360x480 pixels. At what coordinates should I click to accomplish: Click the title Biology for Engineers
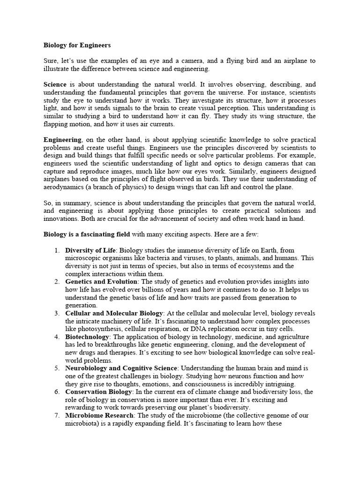coord(77,46)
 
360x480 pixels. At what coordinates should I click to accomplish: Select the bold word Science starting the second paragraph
coord(56,85)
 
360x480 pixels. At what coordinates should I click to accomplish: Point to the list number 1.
coord(56,251)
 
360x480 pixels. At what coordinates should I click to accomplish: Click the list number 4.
coord(56,337)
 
